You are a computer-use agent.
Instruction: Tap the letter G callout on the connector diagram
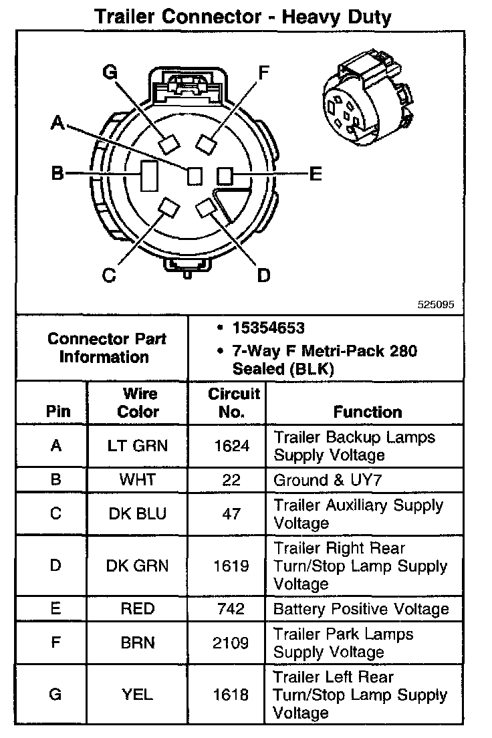(110, 73)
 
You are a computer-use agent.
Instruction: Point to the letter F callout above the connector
(263, 72)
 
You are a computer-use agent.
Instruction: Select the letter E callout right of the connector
(316, 174)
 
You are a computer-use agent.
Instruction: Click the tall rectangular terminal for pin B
(148, 176)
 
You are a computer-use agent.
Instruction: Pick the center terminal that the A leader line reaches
(195, 175)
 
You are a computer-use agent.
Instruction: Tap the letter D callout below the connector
(264, 275)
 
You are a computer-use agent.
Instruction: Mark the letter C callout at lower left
(110, 275)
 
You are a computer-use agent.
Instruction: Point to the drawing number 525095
(435, 303)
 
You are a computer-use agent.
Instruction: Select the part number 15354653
(268, 328)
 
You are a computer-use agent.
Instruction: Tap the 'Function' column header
(368, 412)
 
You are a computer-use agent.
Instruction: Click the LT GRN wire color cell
(138, 446)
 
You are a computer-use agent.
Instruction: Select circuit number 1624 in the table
(228, 446)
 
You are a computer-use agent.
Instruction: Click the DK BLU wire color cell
(138, 513)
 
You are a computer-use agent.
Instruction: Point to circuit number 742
(228, 609)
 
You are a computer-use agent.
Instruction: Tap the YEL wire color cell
(138, 695)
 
